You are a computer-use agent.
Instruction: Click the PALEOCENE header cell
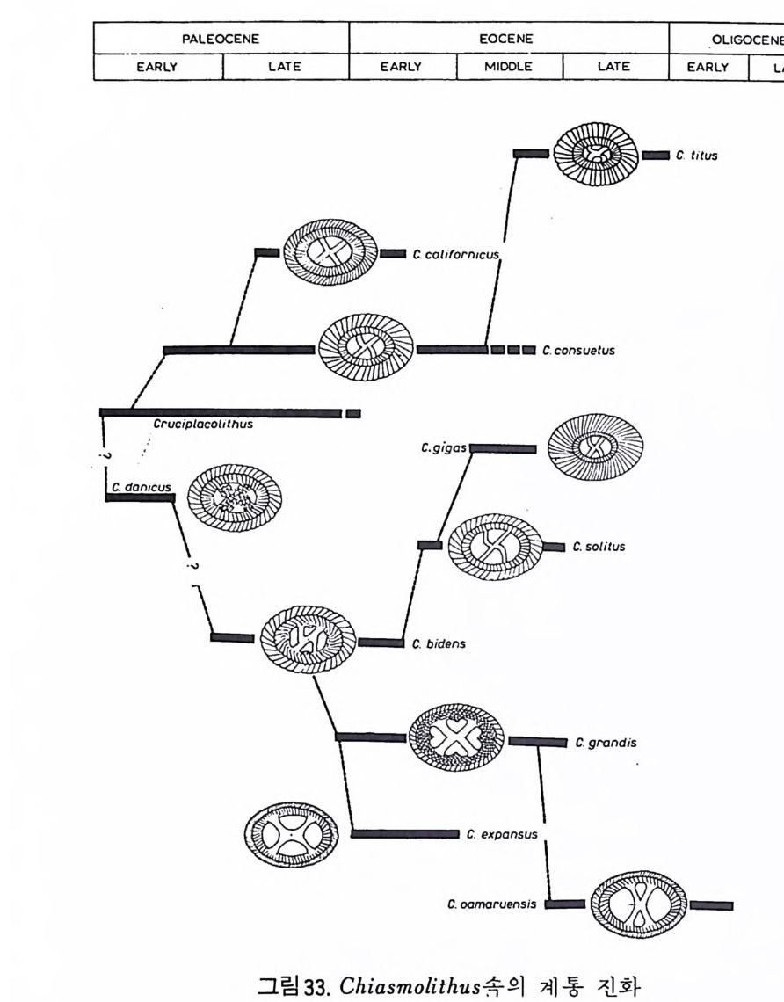click(221, 39)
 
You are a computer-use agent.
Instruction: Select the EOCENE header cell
click(509, 39)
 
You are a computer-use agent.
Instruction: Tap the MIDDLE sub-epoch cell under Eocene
click(509, 66)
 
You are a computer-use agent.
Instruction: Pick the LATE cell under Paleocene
click(286, 66)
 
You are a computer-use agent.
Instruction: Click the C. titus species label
click(698, 156)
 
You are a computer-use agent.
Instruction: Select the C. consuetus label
click(578, 350)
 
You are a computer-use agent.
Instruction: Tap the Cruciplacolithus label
click(203, 425)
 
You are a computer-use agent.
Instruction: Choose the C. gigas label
click(443, 448)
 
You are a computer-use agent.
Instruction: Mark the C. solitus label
click(599, 547)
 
